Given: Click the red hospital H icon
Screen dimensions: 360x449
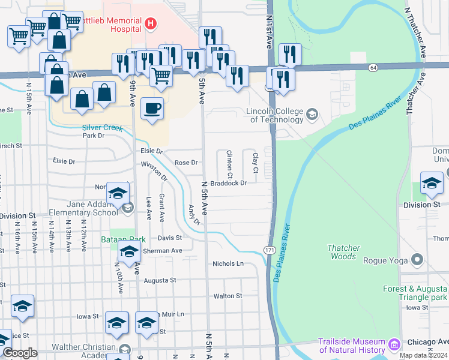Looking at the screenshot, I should tap(151, 23).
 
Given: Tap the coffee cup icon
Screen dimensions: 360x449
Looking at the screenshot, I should tap(152, 109).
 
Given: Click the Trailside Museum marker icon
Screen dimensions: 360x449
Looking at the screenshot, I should tap(394, 345).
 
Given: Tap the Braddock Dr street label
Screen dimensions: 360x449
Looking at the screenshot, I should tap(229, 183).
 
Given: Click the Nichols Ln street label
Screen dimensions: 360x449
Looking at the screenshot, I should tap(228, 263).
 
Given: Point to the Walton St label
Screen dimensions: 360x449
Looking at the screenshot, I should tap(228, 296).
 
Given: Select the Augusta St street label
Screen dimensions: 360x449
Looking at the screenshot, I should tap(160, 280).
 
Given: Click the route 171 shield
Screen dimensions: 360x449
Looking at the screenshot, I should tap(270, 248).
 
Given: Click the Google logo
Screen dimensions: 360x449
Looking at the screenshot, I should tap(20, 353).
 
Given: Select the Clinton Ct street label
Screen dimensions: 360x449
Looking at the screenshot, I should tap(229, 161).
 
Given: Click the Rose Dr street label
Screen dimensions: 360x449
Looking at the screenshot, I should tap(185, 163).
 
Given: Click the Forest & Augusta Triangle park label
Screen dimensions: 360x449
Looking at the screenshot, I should tap(415, 293).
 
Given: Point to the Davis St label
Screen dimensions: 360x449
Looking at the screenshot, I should tap(170, 237).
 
